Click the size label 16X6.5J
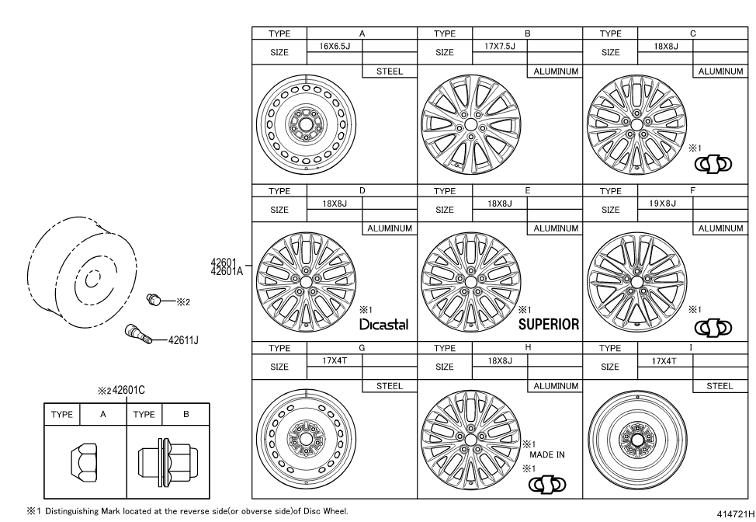[x=335, y=47]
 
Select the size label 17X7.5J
[x=500, y=47]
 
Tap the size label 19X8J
[x=662, y=204]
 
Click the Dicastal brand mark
[x=383, y=324]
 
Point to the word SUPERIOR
[x=549, y=324]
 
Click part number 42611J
[x=183, y=340]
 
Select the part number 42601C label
[x=129, y=390]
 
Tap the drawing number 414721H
[x=735, y=513]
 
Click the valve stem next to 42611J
[x=138, y=334]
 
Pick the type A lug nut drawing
[x=84, y=463]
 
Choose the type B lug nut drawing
[x=168, y=461]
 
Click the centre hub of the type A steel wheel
[x=306, y=125]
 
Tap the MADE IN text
[x=546, y=455]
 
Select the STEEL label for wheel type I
[x=720, y=386]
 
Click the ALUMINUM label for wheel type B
[x=556, y=71]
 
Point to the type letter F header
[x=692, y=190]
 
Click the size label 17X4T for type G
[x=335, y=360]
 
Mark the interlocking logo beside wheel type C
[x=713, y=165]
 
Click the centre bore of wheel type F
[x=637, y=282]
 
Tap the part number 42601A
[x=227, y=271]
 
